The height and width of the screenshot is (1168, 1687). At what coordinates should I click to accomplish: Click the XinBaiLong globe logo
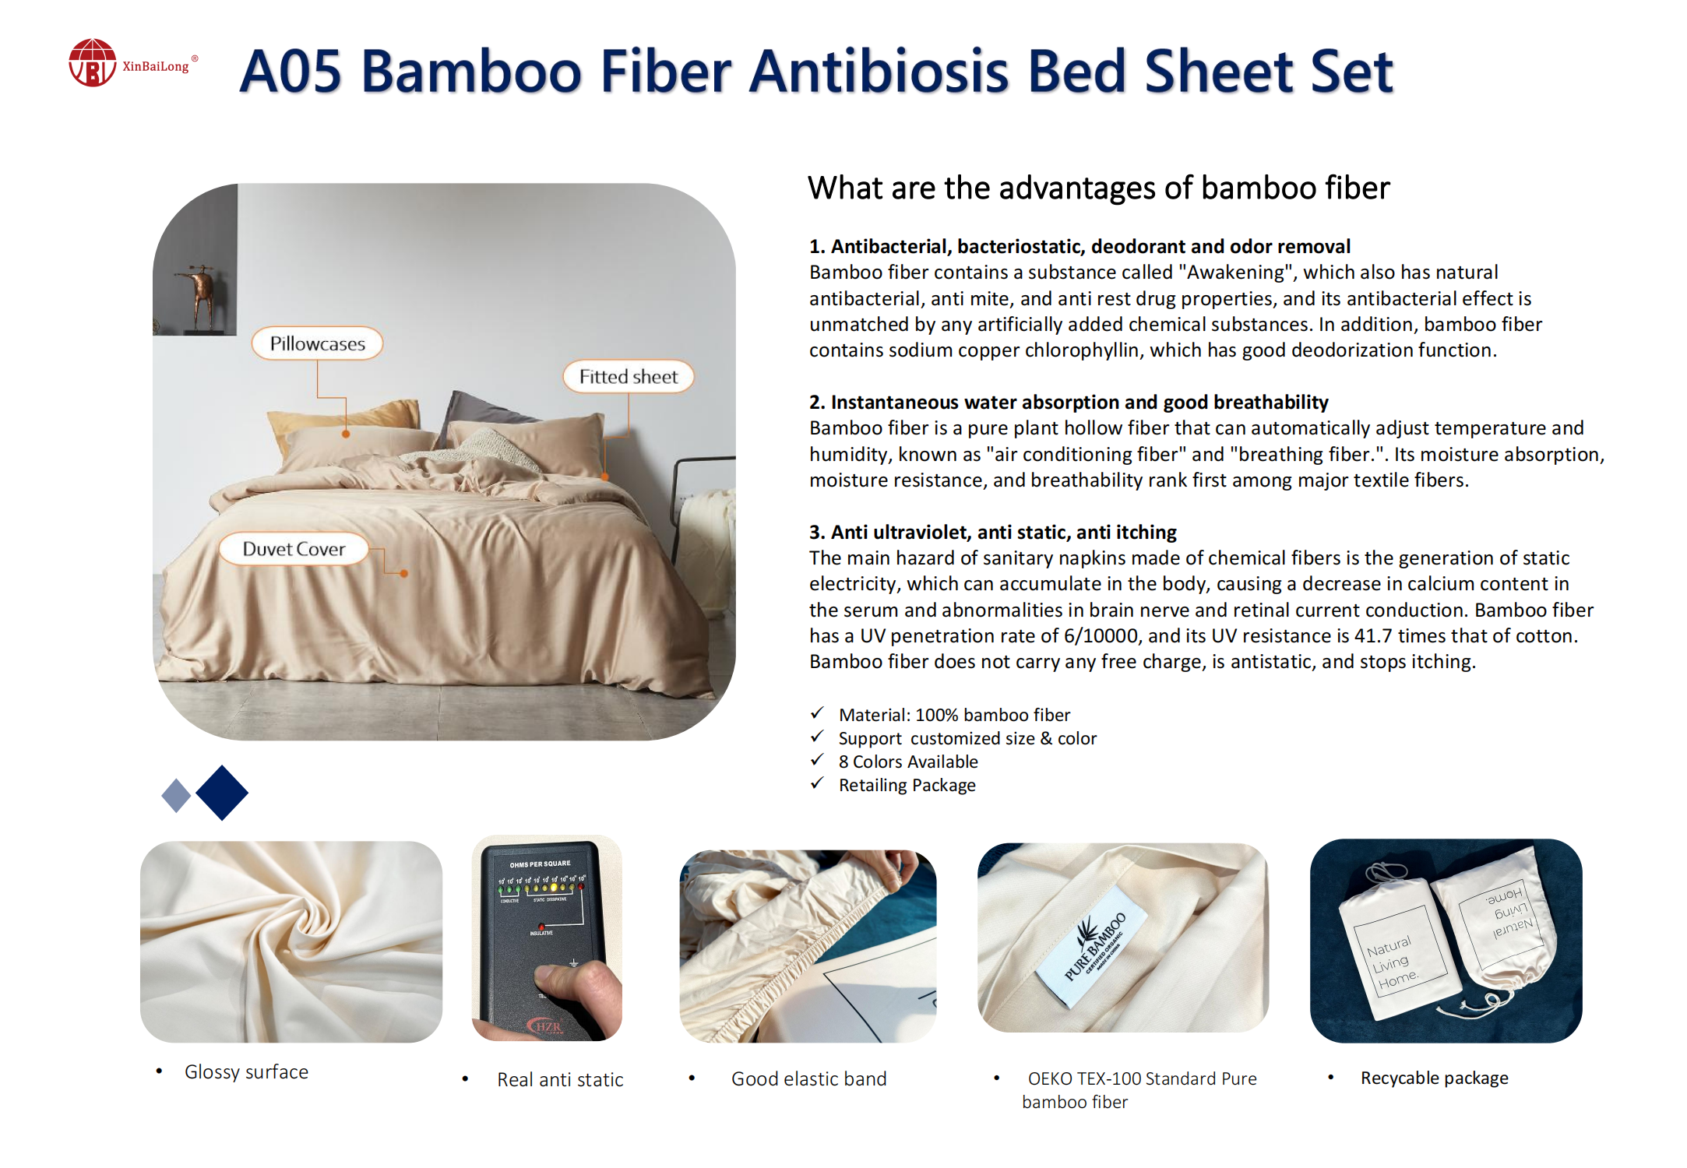coord(92,62)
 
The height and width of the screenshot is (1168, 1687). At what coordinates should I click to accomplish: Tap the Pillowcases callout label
coord(317,343)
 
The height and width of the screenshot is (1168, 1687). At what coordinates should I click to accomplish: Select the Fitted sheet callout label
coord(628,377)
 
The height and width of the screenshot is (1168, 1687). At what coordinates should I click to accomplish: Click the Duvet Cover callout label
coord(294,549)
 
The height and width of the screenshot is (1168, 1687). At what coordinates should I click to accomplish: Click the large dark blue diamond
coord(222,793)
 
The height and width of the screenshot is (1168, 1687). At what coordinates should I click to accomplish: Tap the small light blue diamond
coord(176,796)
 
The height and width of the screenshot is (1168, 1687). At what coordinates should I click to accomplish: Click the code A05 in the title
coord(291,72)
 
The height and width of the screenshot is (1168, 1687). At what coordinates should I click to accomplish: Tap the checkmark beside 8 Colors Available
coord(817,760)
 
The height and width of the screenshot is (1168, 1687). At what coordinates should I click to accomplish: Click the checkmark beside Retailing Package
coord(817,783)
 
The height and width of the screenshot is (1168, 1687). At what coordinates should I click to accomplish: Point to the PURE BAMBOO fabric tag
coord(1095,946)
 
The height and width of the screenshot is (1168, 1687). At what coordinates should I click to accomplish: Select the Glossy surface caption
coord(246,1072)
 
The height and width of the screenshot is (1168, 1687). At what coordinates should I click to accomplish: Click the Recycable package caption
coord(1434,1078)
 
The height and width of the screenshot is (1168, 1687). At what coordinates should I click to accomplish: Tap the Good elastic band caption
coord(808,1079)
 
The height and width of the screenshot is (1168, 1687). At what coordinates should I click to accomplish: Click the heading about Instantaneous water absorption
coord(1069,403)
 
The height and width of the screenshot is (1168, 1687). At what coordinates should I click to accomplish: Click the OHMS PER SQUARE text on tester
coord(540,864)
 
